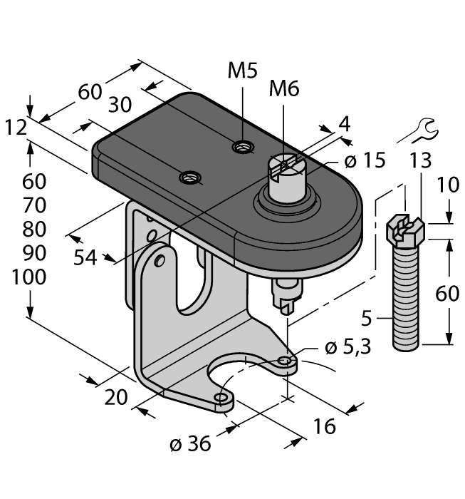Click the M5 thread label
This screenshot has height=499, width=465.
pyautogui.click(x=243, y=71)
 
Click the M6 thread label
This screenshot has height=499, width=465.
pyautogui.click(x=284, y=89)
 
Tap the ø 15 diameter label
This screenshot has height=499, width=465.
pyautogui.click(x=365, y=161)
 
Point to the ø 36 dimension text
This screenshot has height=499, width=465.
pyautogui.click(x=190, y=443)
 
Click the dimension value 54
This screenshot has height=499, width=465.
pyautogui.click(x=87, y=258)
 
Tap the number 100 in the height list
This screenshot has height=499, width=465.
pyautogui.click(x=29, y=277)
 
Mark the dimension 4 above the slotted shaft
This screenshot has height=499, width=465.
pyautogui.click(x=345, y=123)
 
